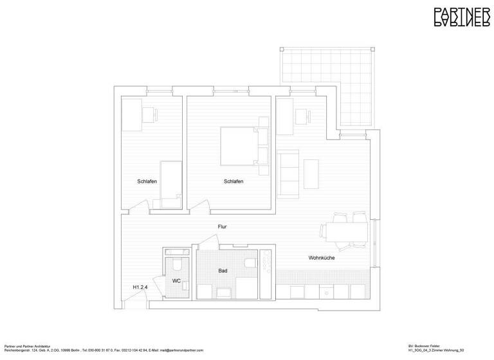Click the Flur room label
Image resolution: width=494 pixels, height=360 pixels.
click(x=222, y=226)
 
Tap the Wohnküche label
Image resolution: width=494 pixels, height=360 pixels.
click(x=322, y=258)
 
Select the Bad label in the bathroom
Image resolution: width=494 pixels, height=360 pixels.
click(x=223, y=271)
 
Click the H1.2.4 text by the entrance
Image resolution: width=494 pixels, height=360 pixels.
click(x=140, y=287)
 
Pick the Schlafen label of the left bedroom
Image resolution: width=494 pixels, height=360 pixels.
click(x=147, y=181)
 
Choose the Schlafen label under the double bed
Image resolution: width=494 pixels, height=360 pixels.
click(x=233, y=181)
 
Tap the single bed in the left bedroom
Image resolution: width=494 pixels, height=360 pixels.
click(x=170, y=184)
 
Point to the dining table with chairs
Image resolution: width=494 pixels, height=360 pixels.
click(x=346, y=231)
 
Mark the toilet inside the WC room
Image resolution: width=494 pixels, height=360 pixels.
click(x=176, y=265)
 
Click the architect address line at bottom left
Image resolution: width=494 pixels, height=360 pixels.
click(x=103, y=350)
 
